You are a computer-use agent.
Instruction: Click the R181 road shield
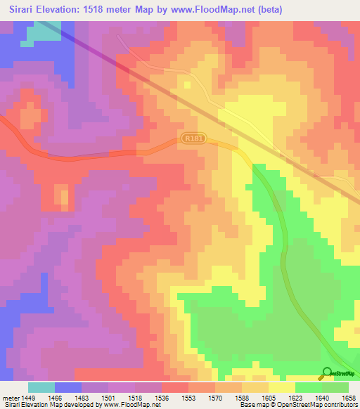(x=191, y=139)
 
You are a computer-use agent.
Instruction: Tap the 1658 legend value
(x=349, y=397)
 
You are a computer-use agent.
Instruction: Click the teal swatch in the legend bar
(x=41, y=387)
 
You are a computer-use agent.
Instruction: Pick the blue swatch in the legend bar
(x=67, y=387)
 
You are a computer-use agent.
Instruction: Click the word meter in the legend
(x=11, y=397)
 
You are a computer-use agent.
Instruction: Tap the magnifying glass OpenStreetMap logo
(x=327, y=372)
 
